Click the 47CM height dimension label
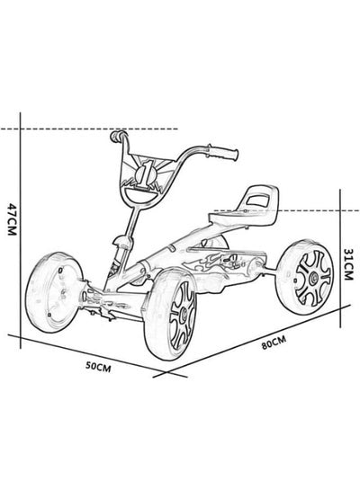click(12, 219)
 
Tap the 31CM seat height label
click(348, 264)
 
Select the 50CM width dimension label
click(98, 367)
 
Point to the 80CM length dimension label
click(274, 343)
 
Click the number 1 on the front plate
click(145, 173)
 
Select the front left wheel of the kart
click(53, 292)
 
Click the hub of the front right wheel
click(182, 316)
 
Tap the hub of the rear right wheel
click(313, 277)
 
